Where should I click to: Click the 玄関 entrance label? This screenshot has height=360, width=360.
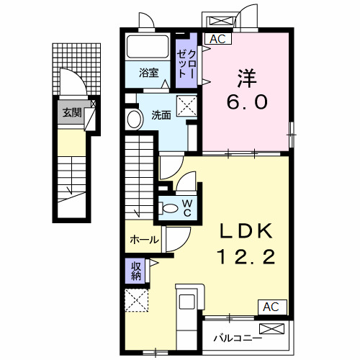pos(71,112)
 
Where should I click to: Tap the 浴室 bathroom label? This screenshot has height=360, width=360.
pos(149,73)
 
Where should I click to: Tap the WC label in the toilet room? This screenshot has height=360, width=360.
pos(186,207)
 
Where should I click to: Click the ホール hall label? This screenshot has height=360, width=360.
pos(144,240)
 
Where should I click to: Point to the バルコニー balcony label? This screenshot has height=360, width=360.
pos(236,337)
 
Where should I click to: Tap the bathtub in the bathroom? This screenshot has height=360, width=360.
pos(149,48)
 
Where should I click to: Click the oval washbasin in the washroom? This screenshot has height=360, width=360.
pos(133,119)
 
